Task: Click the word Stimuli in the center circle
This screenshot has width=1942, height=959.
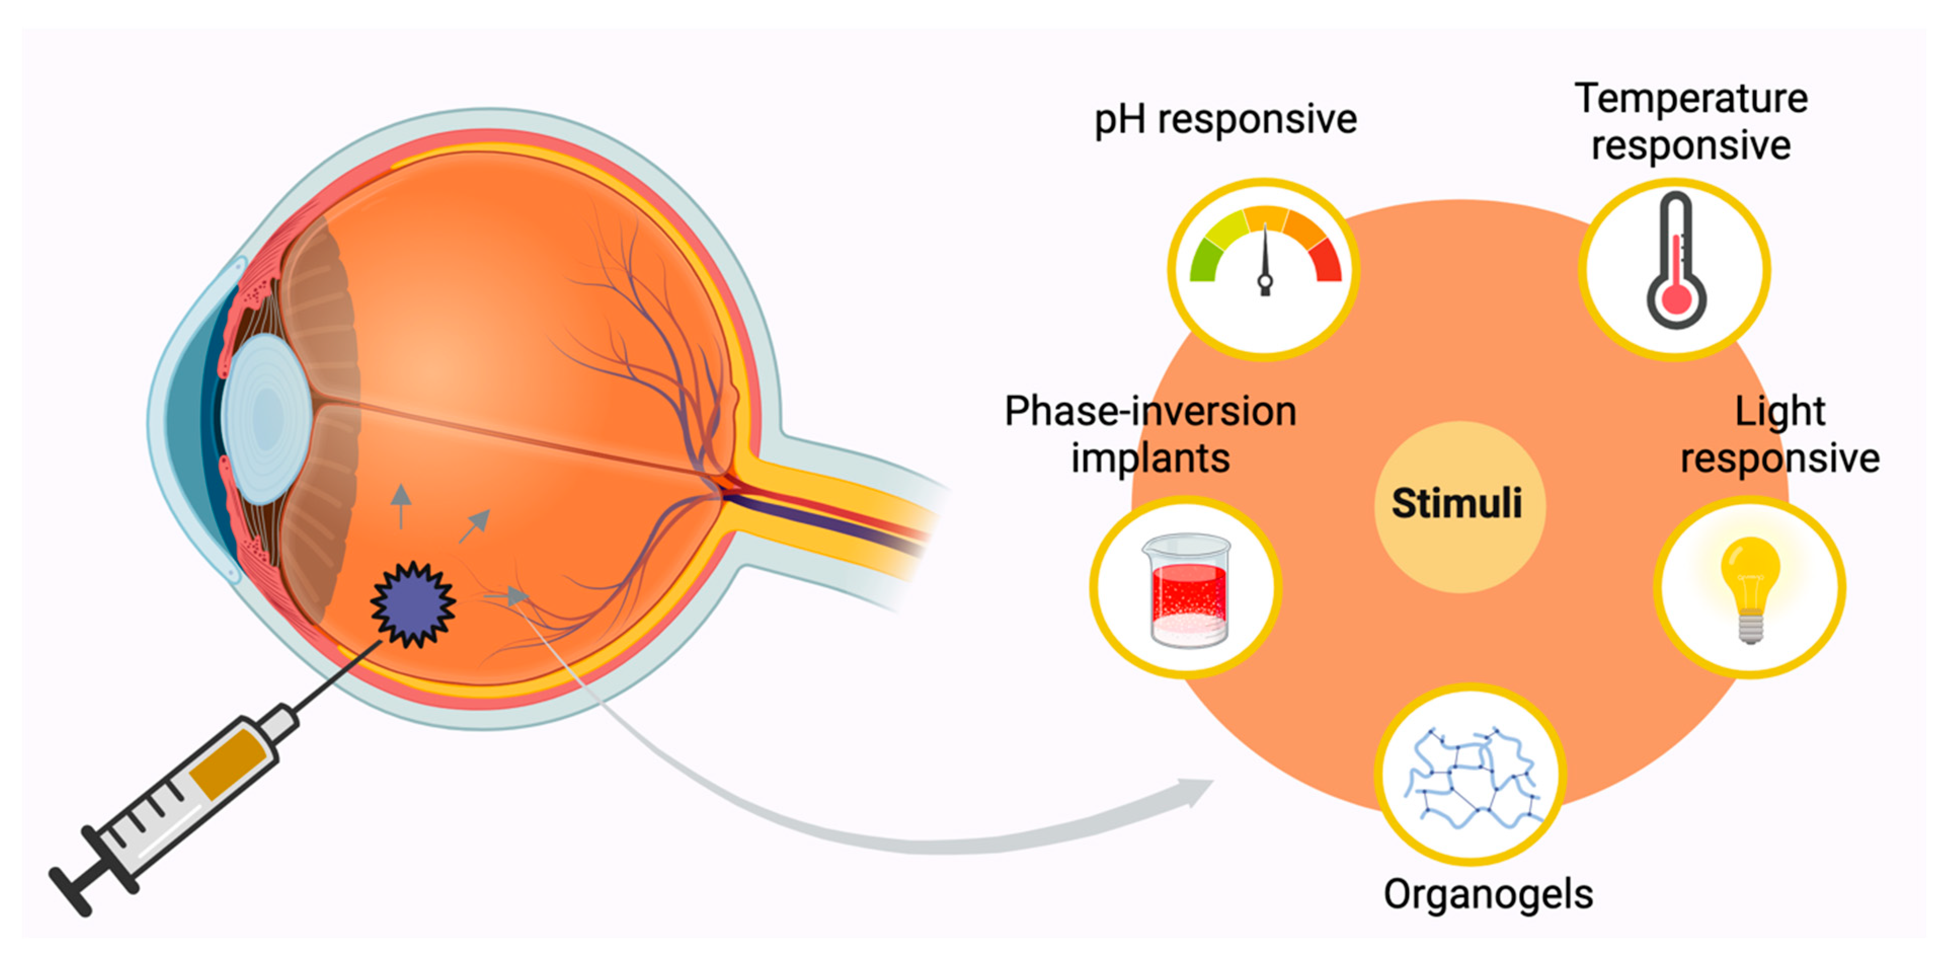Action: (x=1456, y=504)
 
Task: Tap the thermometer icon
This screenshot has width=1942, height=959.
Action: (x=1676, y=264)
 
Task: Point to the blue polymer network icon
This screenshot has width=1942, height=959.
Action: (x=1470, y=777)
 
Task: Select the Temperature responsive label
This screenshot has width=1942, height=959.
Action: (x=1691, y=122)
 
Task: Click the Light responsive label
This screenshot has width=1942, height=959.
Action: (x=1780, y=435)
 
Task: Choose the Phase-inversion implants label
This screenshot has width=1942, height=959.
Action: (x=1151, y=435)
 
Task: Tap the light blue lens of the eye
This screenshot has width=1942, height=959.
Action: (x=265, y=419)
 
